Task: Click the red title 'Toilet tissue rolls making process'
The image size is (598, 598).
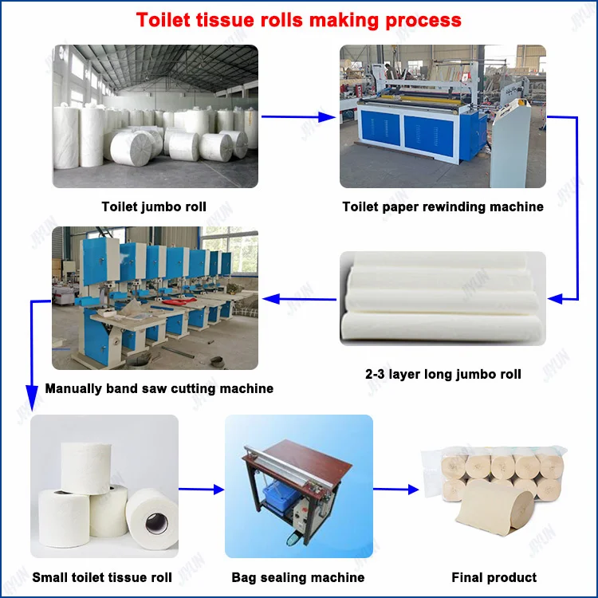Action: click(x=299, y=20)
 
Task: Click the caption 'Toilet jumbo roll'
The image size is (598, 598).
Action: click(x=154, y=207)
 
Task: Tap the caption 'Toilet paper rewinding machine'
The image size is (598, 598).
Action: click(x=443, y=207)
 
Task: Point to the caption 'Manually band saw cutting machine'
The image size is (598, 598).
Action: click(x=159, y=389)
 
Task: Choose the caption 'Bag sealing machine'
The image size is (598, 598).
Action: click(x=298, y=577)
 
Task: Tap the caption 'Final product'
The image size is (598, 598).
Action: click(x=494, y=577)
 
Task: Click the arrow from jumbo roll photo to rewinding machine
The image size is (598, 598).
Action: click(x=299, y=117)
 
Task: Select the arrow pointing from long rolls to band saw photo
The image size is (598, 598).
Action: click(x=299, y=299)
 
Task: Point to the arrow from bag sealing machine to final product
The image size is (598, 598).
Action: click(x=396, y=489)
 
